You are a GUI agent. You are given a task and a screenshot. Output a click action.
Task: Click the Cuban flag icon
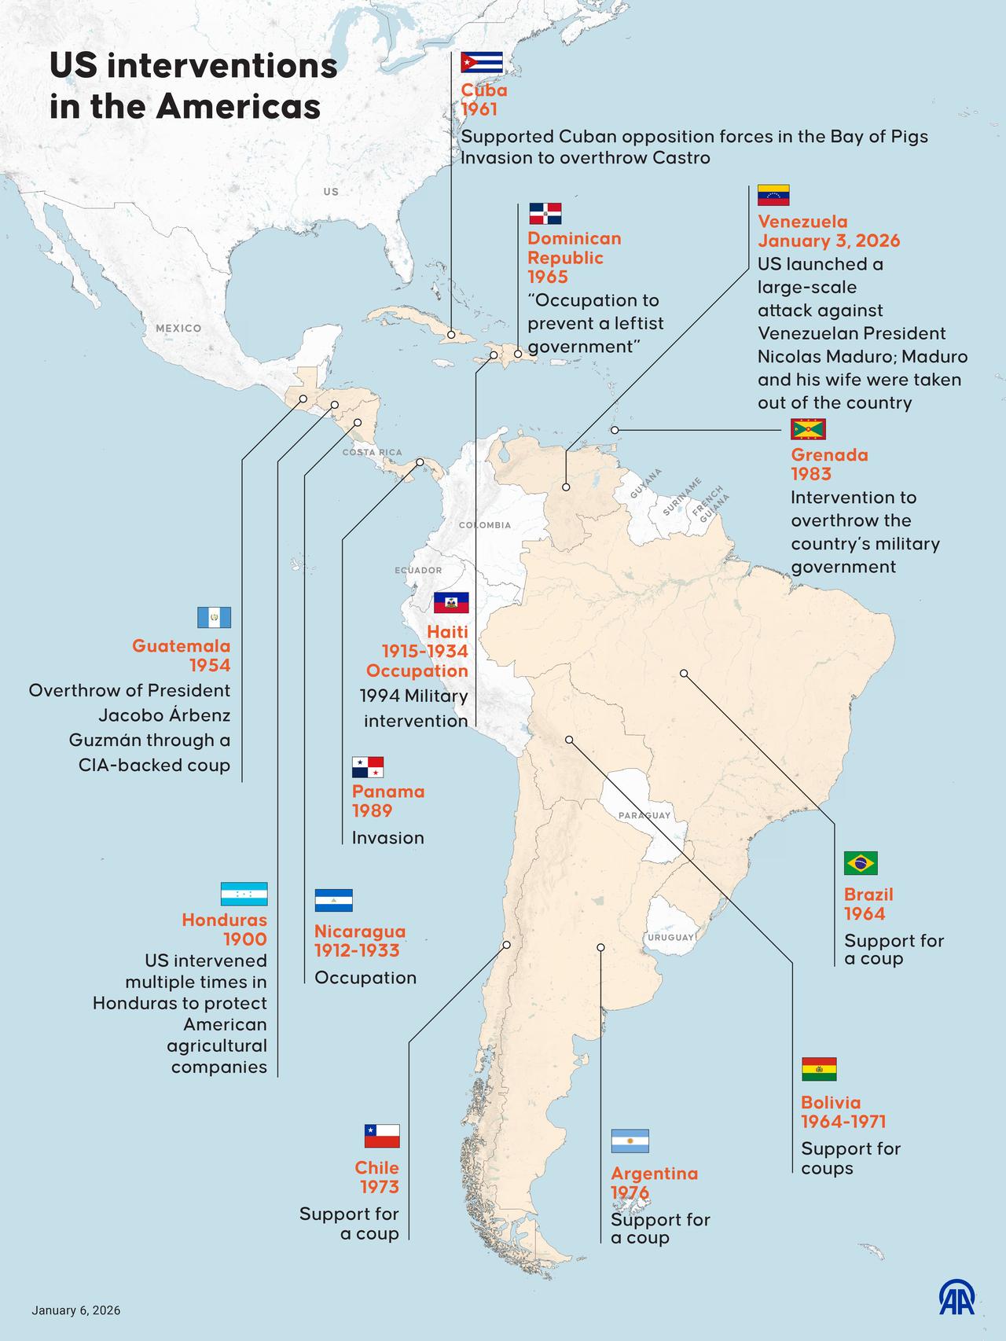482,63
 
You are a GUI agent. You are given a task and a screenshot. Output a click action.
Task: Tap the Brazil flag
861,863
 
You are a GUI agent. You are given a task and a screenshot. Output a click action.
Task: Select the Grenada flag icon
808,429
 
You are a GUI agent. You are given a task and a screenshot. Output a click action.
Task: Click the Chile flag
382,1137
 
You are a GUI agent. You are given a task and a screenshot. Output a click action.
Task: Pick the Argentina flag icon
630,1141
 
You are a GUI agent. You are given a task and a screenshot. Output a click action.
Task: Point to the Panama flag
368,767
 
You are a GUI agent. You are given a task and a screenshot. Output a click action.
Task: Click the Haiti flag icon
451,603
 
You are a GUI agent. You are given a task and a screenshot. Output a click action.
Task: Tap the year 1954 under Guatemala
210,666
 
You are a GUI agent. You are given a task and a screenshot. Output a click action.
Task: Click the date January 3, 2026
828,241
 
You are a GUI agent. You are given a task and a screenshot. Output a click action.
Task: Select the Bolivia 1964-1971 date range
843,1122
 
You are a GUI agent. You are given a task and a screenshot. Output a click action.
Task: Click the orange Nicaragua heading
360,931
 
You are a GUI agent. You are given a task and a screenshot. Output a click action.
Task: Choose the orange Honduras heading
225,920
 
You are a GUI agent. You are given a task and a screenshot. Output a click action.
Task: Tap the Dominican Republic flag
545,214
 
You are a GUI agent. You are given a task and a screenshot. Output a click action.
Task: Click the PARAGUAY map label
644,815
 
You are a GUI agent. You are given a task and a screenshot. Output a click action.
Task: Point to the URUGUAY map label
670,937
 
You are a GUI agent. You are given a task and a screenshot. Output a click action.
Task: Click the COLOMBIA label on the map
485,525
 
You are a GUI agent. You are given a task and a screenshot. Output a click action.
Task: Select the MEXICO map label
178,328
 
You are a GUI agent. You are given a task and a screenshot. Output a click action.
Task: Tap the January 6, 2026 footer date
76,1310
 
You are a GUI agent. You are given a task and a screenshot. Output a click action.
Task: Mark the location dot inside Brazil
684,674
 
